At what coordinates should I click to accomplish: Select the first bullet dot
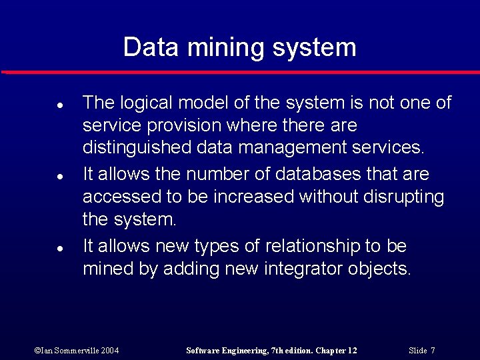(x=59, y=105)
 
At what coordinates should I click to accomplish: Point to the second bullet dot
(x=59, y=177)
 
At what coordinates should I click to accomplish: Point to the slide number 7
(x=433, y=350)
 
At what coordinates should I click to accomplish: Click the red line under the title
(x=240, y=72)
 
